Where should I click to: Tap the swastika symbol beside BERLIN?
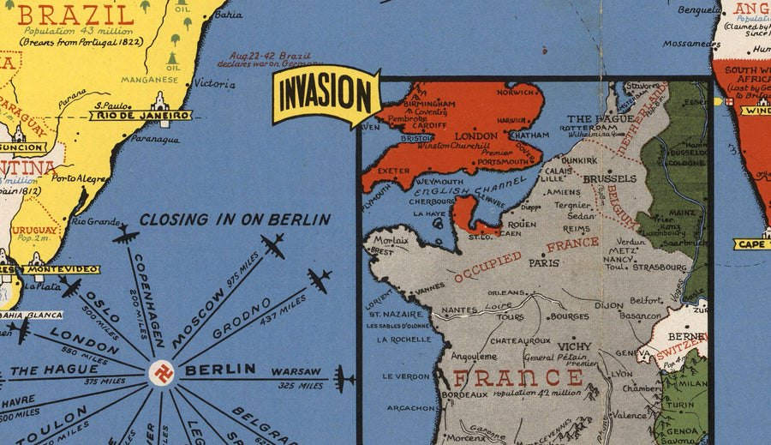pyautogui.click(x=161, y=371)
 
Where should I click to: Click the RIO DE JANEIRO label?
pyautogui.click(x=141, y=115)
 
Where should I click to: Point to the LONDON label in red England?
pyautogui.click(x=475, y=136)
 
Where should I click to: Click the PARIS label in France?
pyautogui.click(x=543, y=263)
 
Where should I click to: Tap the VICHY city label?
pyautogui.click(x=571, y=346)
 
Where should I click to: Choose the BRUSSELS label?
pyautogui.click(x=609, y=179)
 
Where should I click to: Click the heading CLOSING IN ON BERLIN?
pyautogui.click(x=235, y=219)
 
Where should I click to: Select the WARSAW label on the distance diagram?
pyautogui.click(x=297, y=372)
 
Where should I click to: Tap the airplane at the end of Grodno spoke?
pyautogui.click(x=319, y=280)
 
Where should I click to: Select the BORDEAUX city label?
pyautogui.click(x=464, y=394)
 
